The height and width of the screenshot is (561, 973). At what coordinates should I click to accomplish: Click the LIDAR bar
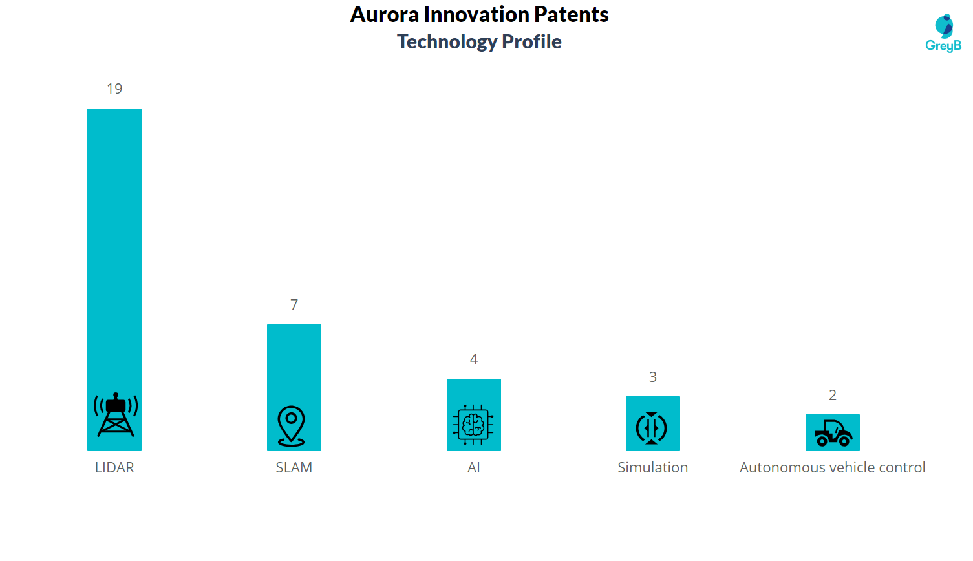(x=114, y=259)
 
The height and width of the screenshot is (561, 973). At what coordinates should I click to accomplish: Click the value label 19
(x=114, y=89)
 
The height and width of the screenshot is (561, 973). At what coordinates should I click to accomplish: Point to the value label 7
(x=294, y=305)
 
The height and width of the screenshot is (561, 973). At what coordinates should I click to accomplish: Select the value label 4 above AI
(x=474, y=359)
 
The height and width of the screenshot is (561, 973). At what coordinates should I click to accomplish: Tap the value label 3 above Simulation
(x=653, y=377)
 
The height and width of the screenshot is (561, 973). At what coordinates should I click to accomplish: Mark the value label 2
(x=833, y=396)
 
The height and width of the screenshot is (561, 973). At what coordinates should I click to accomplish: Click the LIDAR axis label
(x=114, y=468)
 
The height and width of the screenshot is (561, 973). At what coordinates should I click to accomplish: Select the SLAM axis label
(x=294, y=468)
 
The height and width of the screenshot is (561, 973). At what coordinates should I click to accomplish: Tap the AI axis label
(x=473, y=468)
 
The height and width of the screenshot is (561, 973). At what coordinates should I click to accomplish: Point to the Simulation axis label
(x=652, y=468)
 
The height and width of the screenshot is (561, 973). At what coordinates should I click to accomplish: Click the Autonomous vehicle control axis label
(x=832, y=468)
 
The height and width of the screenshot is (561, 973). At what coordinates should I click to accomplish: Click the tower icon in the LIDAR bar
(x=116, y=415)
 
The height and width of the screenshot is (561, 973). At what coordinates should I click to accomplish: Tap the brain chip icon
(x=473, y=425)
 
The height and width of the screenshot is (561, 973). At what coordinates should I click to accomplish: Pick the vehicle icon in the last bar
(x=833, y=433)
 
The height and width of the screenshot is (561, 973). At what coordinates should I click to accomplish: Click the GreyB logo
(x=943, y=33)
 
